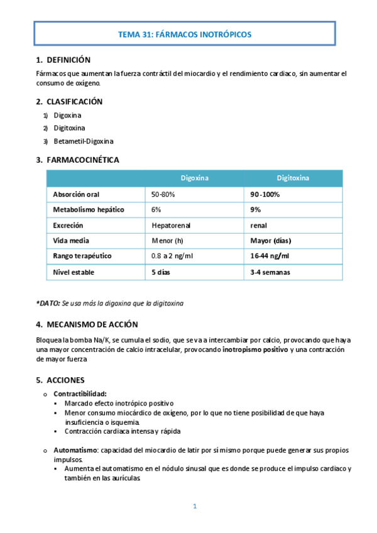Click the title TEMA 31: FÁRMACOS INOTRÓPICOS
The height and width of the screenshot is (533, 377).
pyautogui.click(x=188, y=35)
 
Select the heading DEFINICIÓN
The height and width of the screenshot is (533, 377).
pyautogui.click(x=68, y=60)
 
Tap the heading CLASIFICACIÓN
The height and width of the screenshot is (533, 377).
pyautogui.click(x=74, y=101)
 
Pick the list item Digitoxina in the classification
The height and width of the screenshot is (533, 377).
pyautogui.click(x=69, y=128)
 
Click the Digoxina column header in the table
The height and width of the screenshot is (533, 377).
pyautogui.click(x=195, y=179)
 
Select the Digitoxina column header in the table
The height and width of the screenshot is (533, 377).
pyautogui.click(x=293, y=179)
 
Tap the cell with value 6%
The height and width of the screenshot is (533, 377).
pyautogui.click(x=156, y=209)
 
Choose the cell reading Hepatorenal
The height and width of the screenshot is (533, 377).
pyautogui.click(x=171, y=225)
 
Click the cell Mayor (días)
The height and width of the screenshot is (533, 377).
pyautogui.click(x=270, y=240)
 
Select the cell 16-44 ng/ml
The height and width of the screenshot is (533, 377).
pyautogui.click(x=270, y=256)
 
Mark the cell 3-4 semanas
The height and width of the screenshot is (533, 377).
pyautogui.click(x=270, y=272)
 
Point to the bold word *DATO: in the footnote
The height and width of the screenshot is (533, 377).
pyautogui.click(x=48, y=303)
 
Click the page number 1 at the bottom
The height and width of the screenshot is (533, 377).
pyautogui.click(x=195, y=506)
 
